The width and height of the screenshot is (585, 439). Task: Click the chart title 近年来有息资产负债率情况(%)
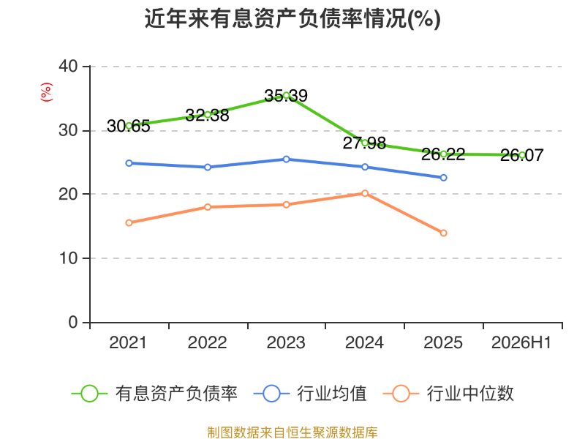coord(292,19)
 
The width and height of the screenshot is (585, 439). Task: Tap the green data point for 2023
coord(286,96)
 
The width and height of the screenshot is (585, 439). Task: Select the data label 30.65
coord(129,126)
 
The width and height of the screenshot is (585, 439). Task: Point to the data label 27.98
coord(364,143)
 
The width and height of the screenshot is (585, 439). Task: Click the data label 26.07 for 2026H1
coord(521,155)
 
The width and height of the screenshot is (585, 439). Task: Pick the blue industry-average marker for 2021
coord(129,163)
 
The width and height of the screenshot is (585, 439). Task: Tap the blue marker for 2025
coord(444,178)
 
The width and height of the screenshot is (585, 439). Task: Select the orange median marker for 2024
coord(365,193)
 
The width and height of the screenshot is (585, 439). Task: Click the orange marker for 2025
coord(444,233)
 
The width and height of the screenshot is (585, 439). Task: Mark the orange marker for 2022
coord(208,207)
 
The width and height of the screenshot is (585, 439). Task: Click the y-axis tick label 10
coord(68,258)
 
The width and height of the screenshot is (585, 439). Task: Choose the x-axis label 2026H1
coord(521,342)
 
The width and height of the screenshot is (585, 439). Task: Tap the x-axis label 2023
coord(286,342)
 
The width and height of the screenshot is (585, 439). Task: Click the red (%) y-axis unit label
coord(47,92)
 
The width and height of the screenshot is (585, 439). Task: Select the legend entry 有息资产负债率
coord(154,394)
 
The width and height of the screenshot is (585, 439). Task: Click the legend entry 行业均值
coord(310,394)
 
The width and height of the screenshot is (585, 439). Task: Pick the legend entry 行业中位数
coord(448,394)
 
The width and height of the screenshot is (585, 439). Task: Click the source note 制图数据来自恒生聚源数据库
coord(292,432)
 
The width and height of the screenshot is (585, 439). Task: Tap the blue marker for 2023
coord(286,160)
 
